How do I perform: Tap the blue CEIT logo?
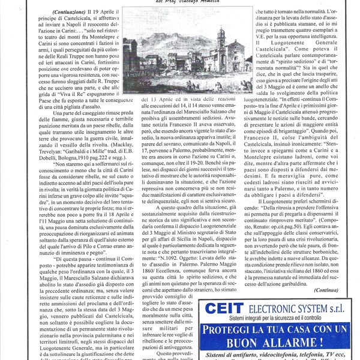click(x=226, y=308)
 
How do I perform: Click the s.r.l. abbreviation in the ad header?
click(x=340, y=308)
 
